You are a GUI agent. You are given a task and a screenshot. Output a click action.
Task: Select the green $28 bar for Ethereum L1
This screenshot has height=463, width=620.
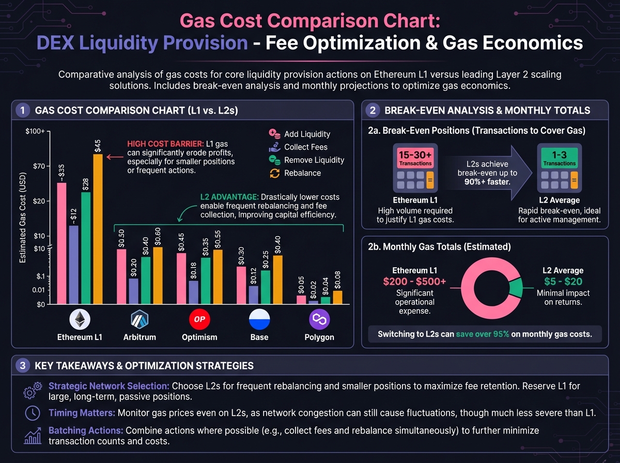coord(86,248)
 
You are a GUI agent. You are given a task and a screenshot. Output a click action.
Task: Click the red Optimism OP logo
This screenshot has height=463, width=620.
coord(199,319)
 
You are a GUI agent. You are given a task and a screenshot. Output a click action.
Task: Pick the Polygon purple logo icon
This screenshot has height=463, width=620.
coord(319,319)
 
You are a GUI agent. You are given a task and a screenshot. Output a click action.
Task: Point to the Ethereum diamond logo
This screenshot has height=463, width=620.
coord(80,319)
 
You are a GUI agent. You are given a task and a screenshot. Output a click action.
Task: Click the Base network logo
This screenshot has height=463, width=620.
coord(259,319)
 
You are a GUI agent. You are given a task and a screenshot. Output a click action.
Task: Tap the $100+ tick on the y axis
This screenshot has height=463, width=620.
coord(35,132)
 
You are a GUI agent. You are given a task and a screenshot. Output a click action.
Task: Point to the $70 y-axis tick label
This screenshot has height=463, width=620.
coord(38,166)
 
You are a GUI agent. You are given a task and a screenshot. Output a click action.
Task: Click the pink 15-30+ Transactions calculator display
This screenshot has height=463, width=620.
coord(416,158)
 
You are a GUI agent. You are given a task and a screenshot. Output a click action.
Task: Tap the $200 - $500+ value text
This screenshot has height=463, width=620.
coord(415,281)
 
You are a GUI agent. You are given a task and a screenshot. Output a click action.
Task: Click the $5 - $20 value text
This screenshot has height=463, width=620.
coord(563,281)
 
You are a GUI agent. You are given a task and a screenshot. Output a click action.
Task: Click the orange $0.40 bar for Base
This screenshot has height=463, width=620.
coord(278,279)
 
